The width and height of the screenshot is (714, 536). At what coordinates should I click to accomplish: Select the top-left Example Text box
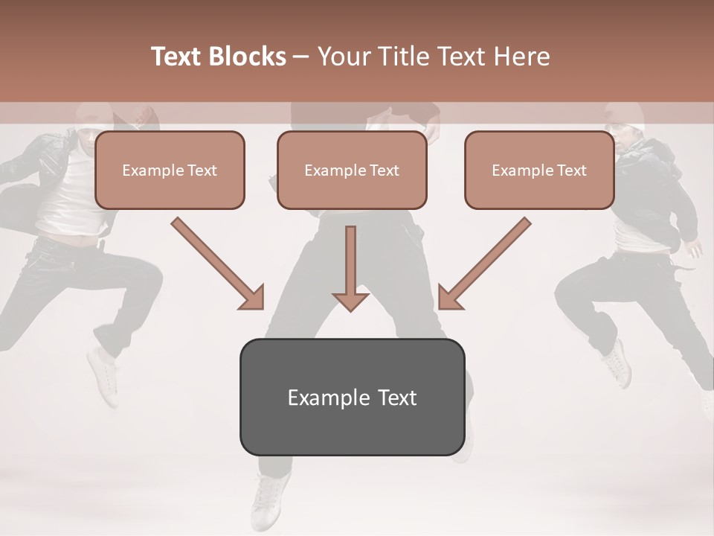(170, 170)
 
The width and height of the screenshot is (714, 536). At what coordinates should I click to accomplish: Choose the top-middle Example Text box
(352, 170)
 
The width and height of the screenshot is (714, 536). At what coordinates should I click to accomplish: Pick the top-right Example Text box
(539, 170)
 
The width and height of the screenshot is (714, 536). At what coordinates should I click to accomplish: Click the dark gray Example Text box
(352, 397)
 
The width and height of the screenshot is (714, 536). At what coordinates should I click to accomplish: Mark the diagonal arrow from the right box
(484, 264)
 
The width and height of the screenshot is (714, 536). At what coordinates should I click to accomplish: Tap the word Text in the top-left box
(202, 170)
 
